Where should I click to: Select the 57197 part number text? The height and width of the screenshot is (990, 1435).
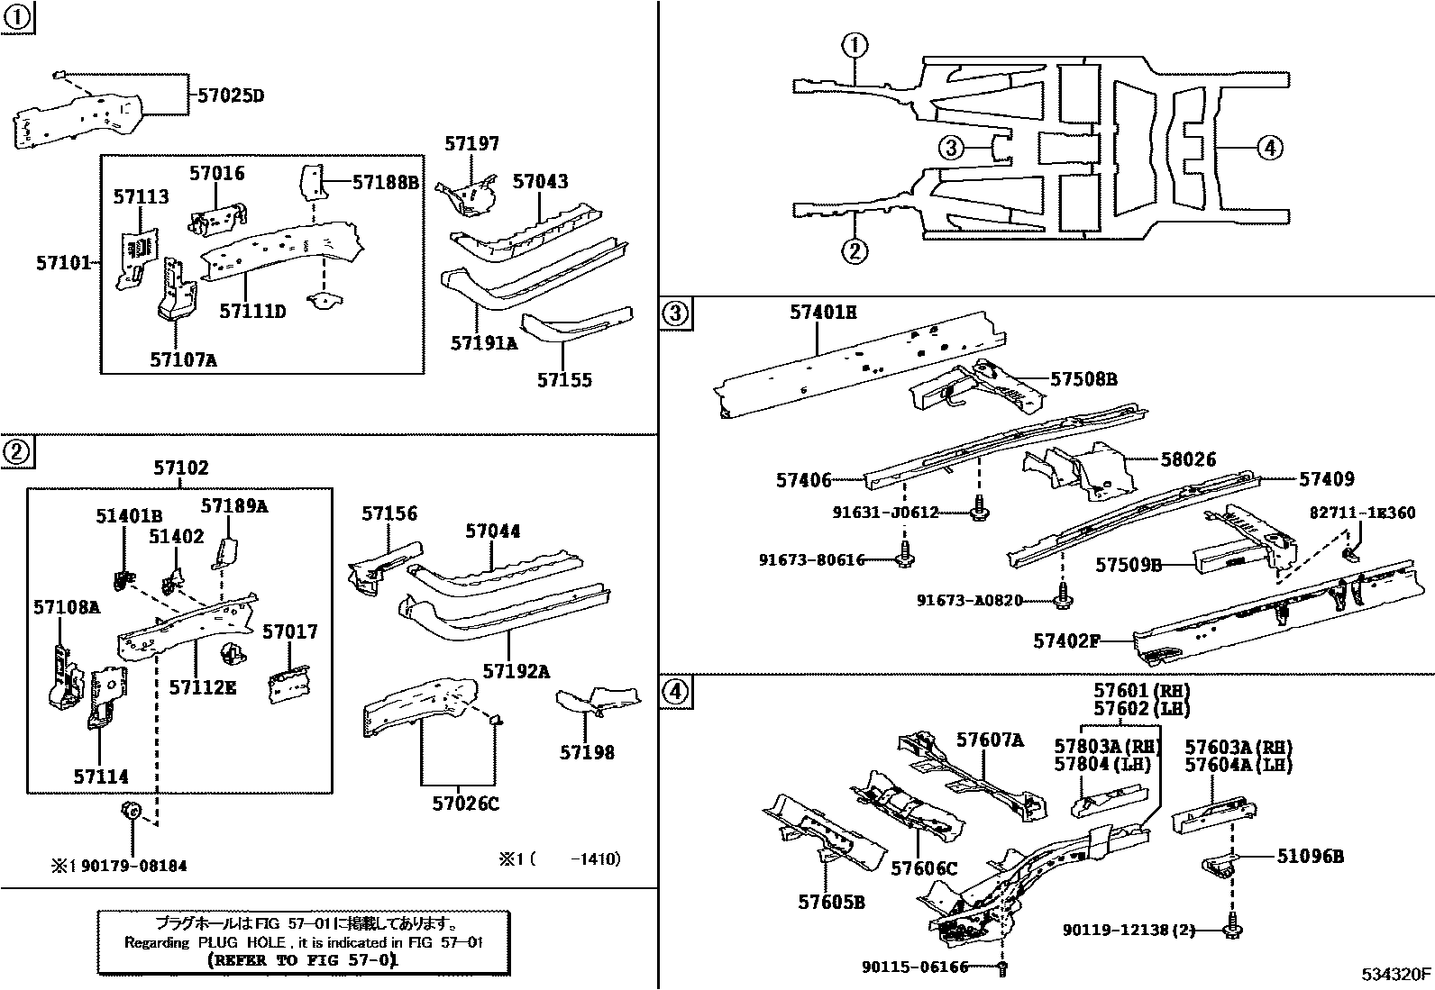point(471,144)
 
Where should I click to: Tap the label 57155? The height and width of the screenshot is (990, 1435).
point(565,380)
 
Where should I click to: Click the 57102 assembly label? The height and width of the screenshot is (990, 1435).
point(180,468)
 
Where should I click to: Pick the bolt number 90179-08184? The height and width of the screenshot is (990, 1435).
point(133,866)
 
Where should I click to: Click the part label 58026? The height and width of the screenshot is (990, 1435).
point(1188,459)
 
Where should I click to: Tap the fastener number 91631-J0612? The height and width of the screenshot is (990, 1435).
point(886,513)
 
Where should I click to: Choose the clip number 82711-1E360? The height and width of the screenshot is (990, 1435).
point(1363,513)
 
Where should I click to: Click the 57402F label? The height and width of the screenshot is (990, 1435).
point(1067,641)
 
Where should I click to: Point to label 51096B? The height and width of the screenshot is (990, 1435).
point(1310,857)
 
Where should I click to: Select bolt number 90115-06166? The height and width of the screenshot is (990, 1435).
point(914,967)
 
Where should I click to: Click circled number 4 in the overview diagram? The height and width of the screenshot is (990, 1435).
point(1268,147)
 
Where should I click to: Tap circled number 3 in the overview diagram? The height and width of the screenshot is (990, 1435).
point(951,147)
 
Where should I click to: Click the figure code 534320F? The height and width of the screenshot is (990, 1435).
point(1396,974)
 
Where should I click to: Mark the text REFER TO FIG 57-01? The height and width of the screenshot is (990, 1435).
point(302,960)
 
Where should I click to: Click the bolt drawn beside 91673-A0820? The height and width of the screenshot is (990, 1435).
point(1064,595)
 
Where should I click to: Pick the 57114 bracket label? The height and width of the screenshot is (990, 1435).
point(101,777)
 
